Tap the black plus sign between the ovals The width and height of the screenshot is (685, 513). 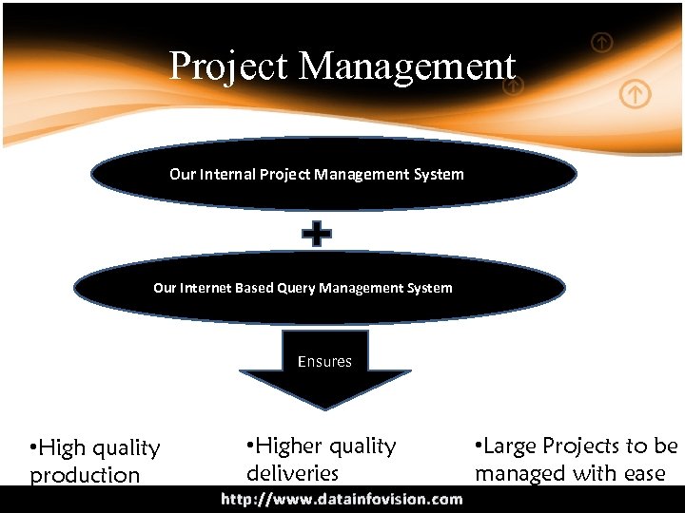coord(317,235)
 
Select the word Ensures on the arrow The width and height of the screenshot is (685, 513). coord(324,361)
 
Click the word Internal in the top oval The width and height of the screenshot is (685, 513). coord(225,174)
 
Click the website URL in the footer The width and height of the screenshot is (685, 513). coord(342,499)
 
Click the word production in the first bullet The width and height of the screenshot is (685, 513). coord(85,475)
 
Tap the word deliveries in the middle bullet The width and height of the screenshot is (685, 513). coord(292,472)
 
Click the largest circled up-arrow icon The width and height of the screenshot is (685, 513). coord(636,94)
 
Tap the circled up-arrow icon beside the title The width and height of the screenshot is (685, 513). coord(513,85)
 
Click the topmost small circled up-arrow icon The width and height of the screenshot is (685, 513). coord(602,42)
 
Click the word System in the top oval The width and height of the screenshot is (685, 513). coord(437,174)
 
